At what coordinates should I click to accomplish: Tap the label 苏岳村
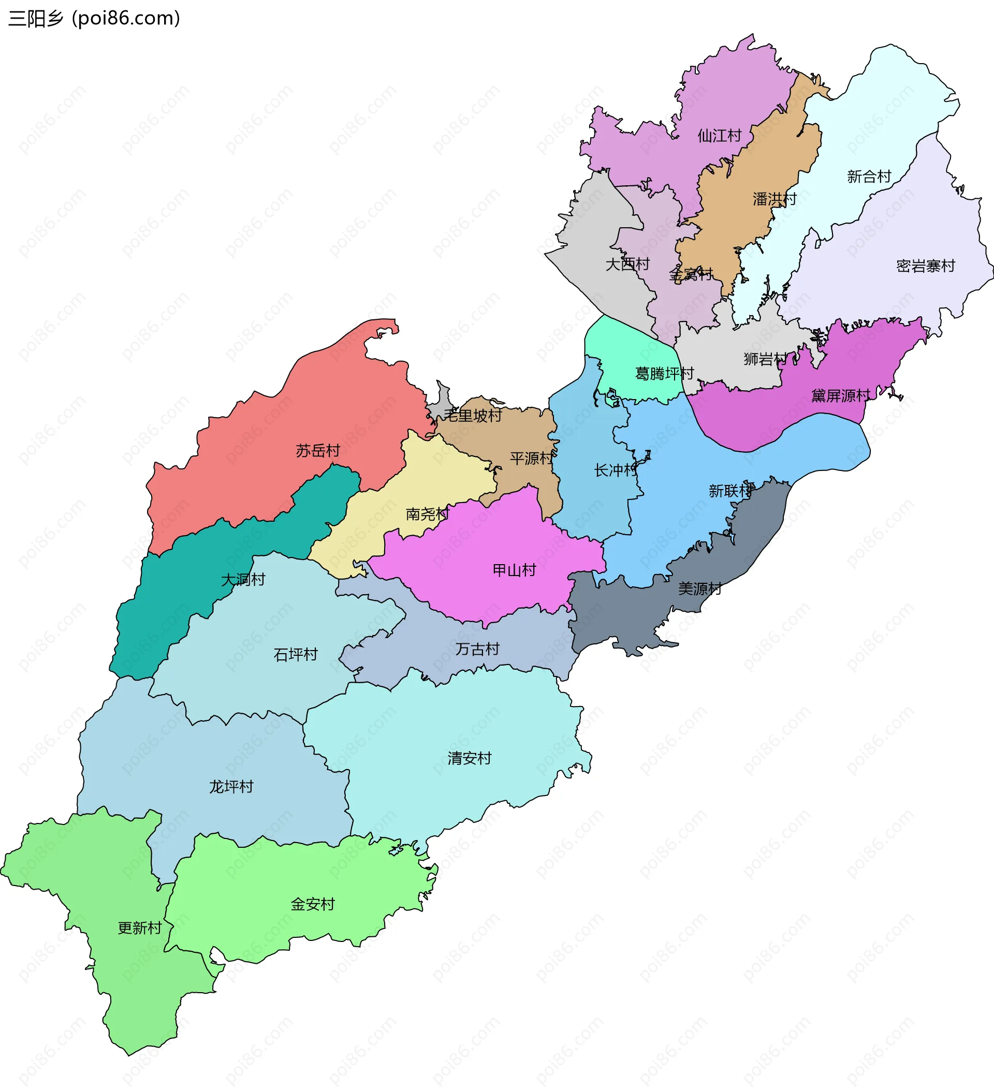[x=317, y=450]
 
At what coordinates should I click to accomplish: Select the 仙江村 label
[x=719, y=136]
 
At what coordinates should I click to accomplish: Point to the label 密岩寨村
[x=925, y=266]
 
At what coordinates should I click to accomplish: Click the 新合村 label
[x=869, y=176]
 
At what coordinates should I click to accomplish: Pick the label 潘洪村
[x=774, y=199]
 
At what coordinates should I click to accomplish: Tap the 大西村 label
[x=627, y=264]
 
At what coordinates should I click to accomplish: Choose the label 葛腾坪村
[x=664, y=374]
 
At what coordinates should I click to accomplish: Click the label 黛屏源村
[x=840, y=396]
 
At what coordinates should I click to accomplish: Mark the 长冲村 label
[x=616, y=470]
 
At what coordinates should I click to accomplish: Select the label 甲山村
[x=514, y=570]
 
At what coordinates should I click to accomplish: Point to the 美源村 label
[x=700, y=588]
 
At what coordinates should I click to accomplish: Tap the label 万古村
[x=477, y=649]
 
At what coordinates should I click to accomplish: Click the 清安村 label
[x=470, y=759]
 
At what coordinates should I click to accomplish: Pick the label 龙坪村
[x=231, y=787]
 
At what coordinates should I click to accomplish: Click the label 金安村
[x=313, y=904]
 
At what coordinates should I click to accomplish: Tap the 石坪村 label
[x=295, y=655]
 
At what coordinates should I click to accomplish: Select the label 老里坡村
[x=473, y=415]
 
